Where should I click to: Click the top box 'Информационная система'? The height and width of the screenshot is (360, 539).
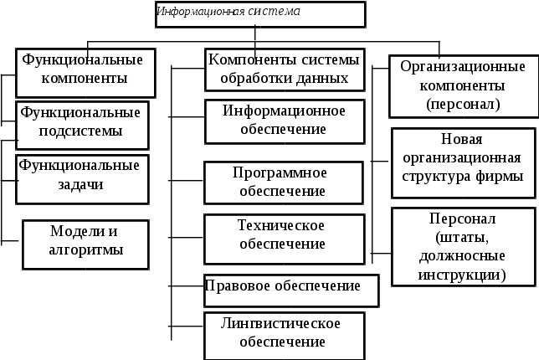point(259,14)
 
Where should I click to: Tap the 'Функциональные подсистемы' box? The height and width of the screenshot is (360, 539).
point(82,124)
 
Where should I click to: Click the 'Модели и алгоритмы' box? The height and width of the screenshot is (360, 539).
point(85,243)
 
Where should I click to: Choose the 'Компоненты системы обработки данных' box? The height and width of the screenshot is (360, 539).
point(284,70)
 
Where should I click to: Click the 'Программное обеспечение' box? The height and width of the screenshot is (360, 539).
point(284,182)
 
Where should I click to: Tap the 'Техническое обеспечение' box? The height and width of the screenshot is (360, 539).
point(284,235)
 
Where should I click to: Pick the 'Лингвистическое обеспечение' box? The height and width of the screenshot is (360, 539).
point(284,332)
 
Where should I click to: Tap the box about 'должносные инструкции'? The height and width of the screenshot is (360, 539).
point(462,246)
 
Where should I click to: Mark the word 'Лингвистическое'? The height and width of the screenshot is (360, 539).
point(282,323)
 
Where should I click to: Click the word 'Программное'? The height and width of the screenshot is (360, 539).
point(282,172)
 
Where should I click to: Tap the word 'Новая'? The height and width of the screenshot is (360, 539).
point(462,140)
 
